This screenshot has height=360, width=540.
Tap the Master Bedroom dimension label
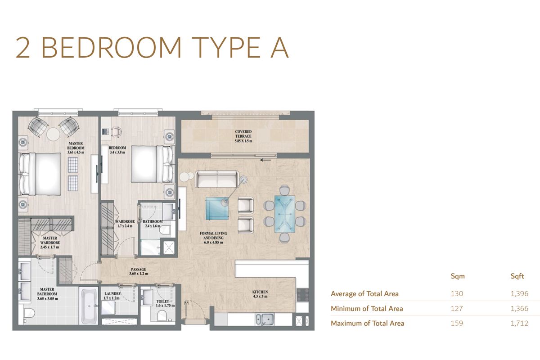76,152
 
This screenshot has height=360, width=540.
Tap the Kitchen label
260,295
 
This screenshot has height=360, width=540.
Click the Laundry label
112,296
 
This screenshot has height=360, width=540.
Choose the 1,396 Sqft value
519,294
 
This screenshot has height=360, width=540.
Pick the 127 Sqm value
457,308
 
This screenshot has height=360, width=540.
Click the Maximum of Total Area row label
367,323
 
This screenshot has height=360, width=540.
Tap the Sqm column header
457,276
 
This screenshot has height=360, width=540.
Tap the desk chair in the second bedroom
116,131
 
